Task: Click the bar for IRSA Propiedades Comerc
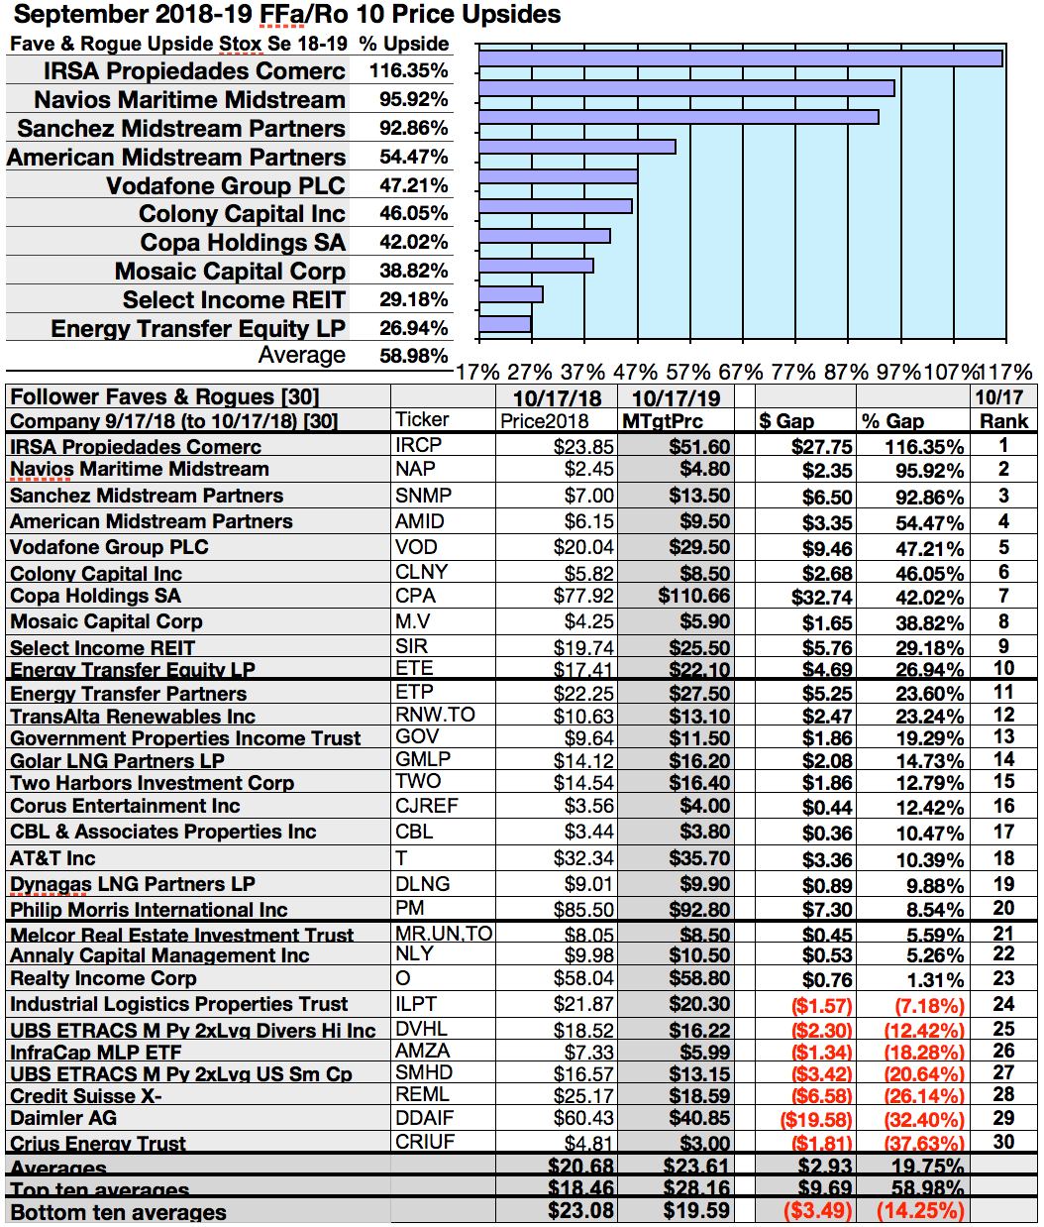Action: tap(740, 57)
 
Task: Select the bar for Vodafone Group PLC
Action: tap(558, 176)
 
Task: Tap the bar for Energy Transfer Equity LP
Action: tap(505, 324)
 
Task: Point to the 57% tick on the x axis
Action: tap(685, 373)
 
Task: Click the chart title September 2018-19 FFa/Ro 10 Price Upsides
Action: tap(287, 14)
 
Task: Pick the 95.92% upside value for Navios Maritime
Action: tap(413, 99)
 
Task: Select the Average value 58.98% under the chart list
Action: tap(413, 355)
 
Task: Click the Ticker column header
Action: tap(422, 420)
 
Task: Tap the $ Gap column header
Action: tap(785, 421)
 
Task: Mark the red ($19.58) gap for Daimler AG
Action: tap(816, 1119)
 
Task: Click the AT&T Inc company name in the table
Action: tap(52, 858)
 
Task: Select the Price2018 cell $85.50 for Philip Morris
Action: tap(583, 909)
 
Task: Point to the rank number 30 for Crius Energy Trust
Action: tap(1003, 1142)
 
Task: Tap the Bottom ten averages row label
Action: tap(118, 1212)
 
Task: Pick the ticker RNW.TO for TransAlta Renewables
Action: tap(435, 715)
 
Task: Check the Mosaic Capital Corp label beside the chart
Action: tap(230, 271)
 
